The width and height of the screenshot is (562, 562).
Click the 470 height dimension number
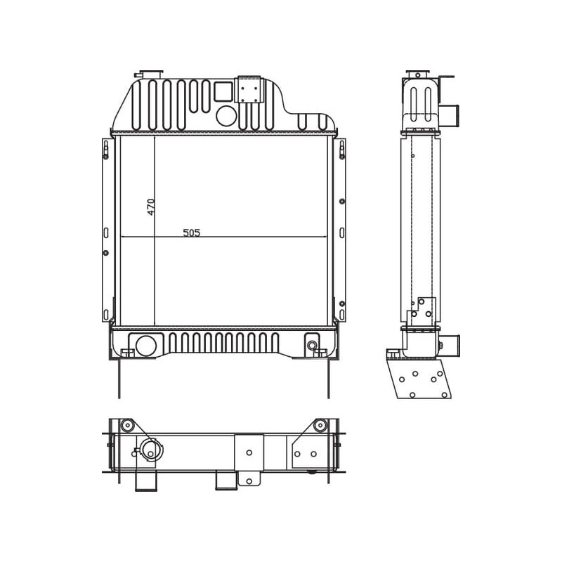(x=151, y=207)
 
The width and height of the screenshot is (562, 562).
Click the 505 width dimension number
(x=192, y=233)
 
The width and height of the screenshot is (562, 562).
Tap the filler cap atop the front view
(x=150, y=73)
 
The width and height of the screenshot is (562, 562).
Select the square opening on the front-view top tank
(x=223, y=91)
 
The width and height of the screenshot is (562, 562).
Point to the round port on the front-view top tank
(x=226, y=115)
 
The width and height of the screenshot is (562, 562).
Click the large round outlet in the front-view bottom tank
(x=146, y=346)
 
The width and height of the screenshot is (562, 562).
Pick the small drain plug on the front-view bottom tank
(x=312, y=345)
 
